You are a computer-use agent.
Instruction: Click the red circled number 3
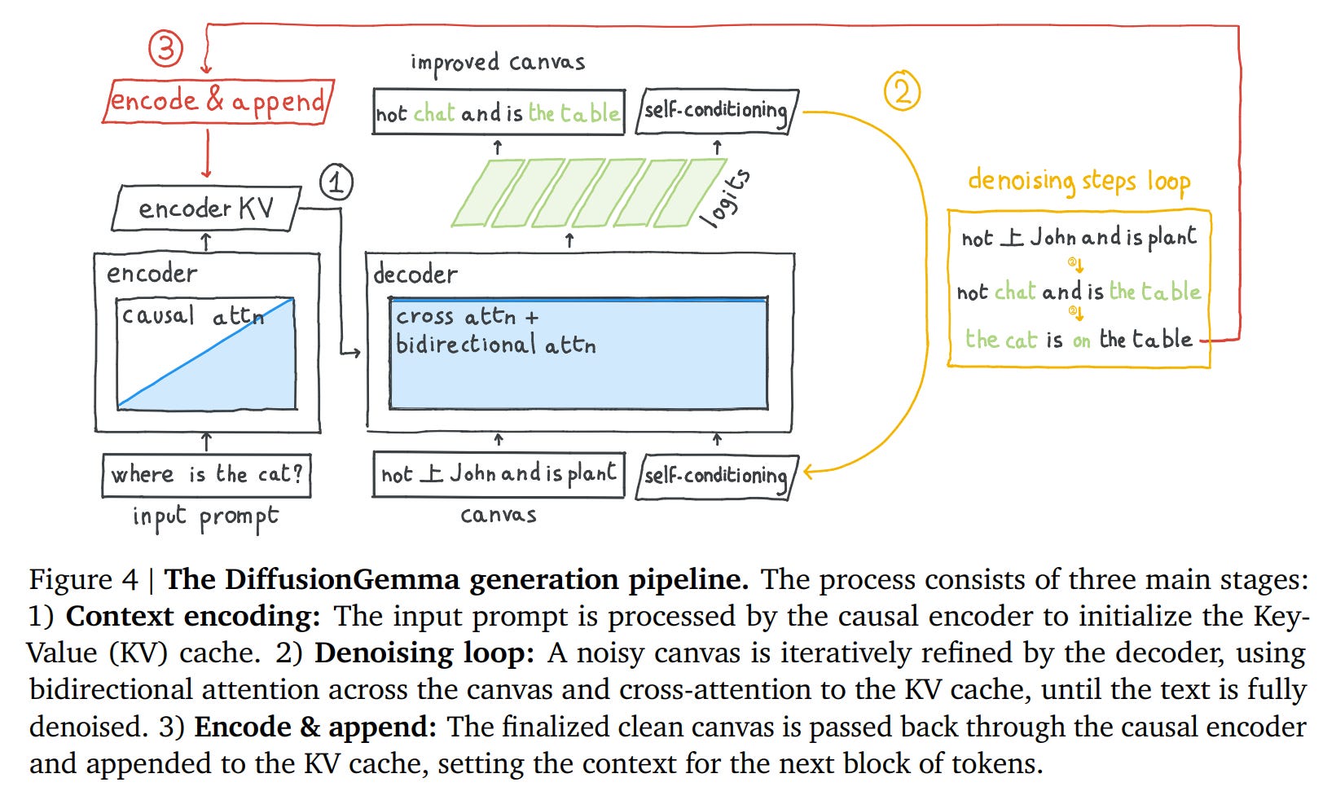[x=165, y=48]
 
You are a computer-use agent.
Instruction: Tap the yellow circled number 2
[x=902, y=91]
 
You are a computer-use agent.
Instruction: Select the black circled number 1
[x=336, y=182]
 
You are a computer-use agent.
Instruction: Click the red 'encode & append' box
[x=218, y=101]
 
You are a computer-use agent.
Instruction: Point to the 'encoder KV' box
[x=206, y=209]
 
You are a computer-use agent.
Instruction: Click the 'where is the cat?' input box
[x=206, y=476]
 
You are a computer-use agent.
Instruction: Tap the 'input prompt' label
[x=206, y=517]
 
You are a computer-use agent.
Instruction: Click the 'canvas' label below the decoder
[x=499, y=515]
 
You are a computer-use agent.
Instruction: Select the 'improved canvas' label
[x=498, y=64]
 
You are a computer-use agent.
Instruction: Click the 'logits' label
[x=726, y=199]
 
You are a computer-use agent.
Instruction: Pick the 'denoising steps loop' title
[x=1079, y=182]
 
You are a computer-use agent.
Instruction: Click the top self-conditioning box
[x=717, y=112]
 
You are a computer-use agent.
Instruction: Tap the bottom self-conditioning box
[x=717, y=477]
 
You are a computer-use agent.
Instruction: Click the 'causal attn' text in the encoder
[x=192, y=315]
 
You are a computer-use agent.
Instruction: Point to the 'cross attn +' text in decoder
[x=467, y=317]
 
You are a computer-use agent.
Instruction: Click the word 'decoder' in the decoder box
[x=415, y=274]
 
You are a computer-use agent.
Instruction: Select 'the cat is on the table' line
[x=1079, y=340]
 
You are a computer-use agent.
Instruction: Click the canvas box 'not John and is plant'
[x=499, y=475]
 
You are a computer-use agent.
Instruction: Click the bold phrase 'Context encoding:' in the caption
[x=193, y=617]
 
